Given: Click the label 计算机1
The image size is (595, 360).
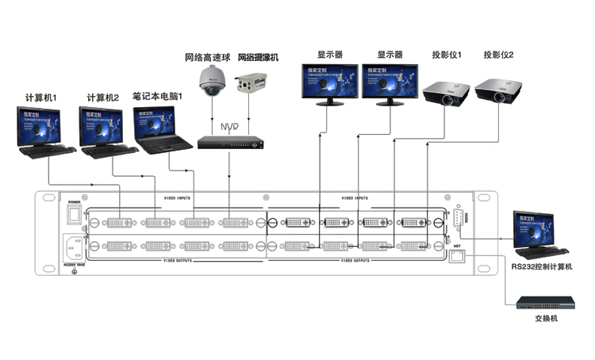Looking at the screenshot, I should point(42,98).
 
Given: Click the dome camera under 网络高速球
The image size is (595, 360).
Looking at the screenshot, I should point(212,81).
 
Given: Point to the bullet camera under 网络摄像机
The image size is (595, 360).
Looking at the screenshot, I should point(252,83).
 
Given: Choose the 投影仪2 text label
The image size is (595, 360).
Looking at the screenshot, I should point(499,55).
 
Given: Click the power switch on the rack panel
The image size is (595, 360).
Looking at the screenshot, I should point(75,213).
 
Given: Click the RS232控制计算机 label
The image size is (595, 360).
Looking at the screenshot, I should point(543,267).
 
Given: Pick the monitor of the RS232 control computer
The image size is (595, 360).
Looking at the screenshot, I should point(536,226).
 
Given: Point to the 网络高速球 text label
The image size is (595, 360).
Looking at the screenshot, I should point(207,57).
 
